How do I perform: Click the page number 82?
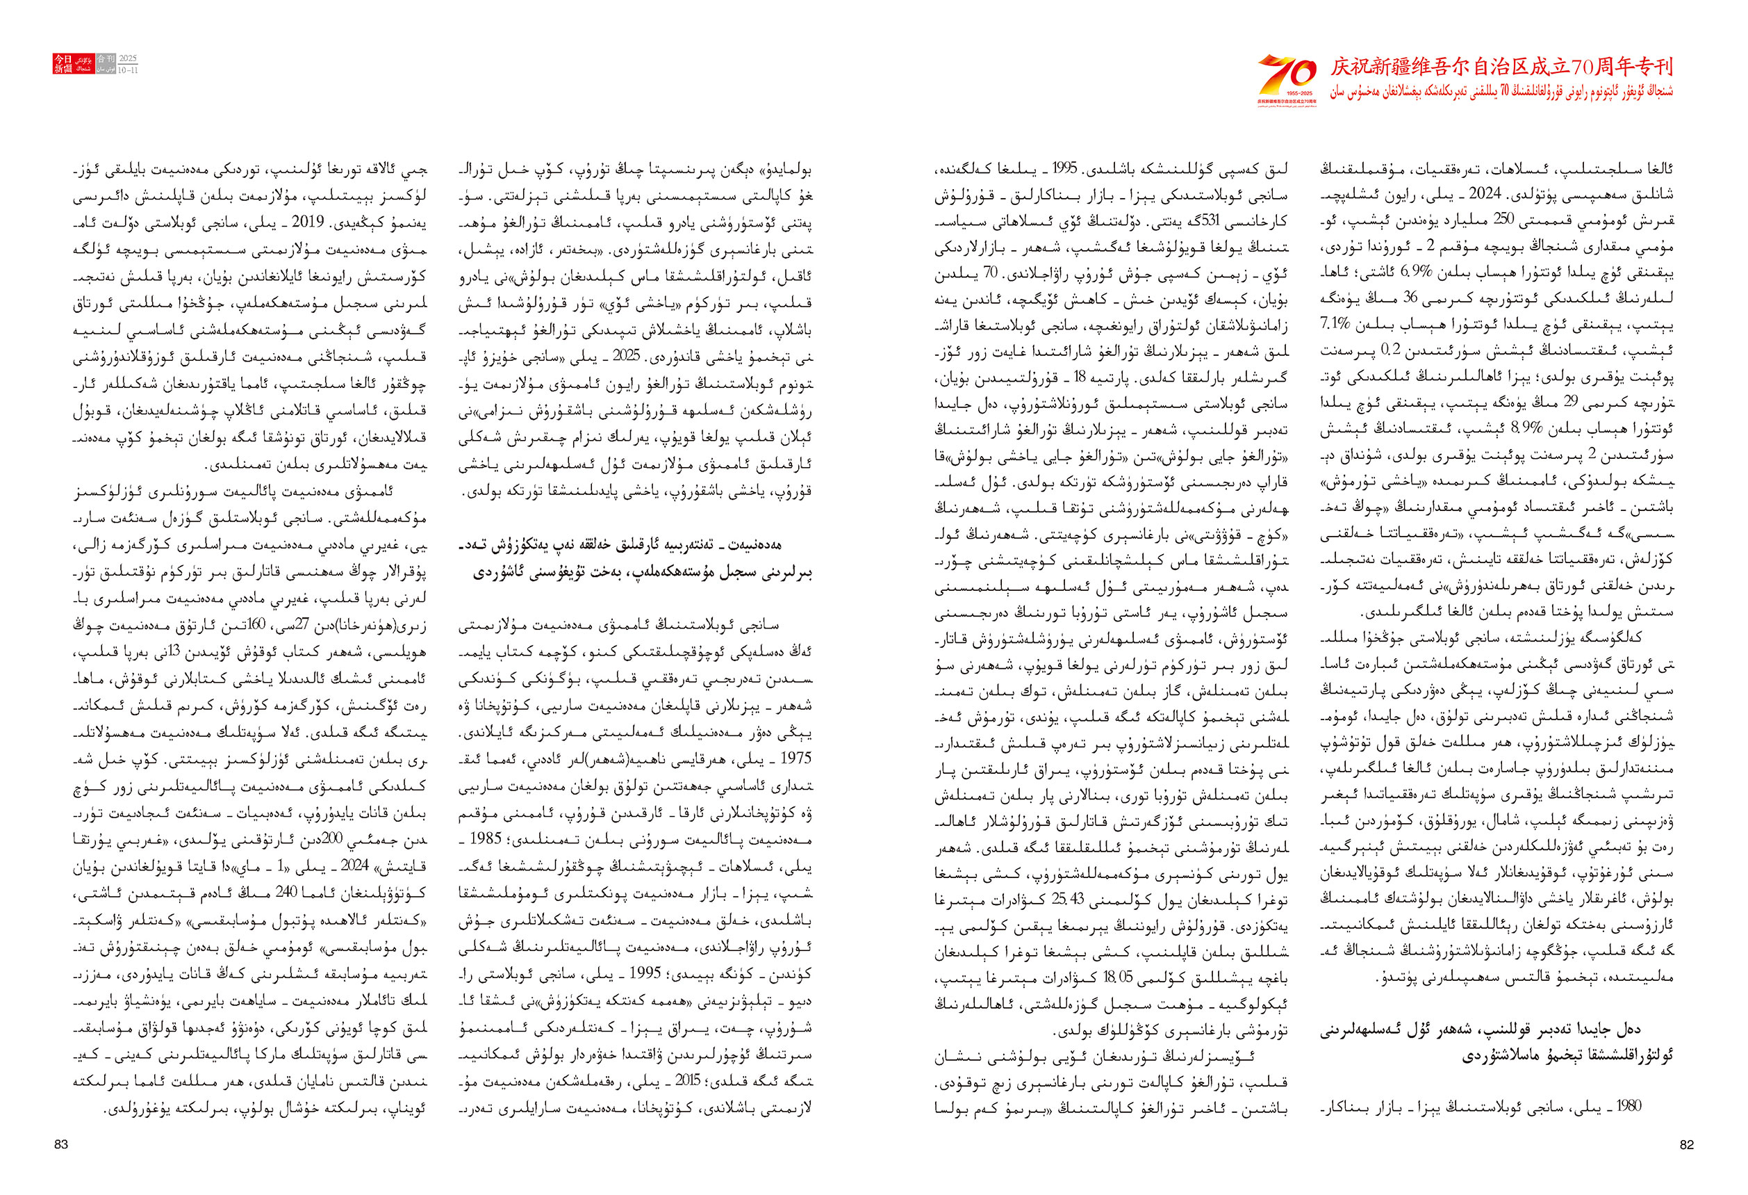(x=1686, y=1144)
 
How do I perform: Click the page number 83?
(x=61, y=1144)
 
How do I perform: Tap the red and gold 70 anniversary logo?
(x=1287, y=79)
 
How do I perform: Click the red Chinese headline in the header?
(x=1501, y=67)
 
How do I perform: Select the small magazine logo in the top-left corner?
(x=94, y=64)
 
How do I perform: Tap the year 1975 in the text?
(x=795, y=758)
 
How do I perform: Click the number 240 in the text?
(x=286, y=893)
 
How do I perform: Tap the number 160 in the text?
(x=257, y=624)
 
